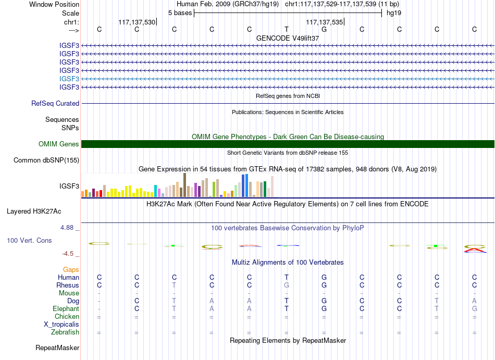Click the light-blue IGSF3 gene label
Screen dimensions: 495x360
coord(69,79)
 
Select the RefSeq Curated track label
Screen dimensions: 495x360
coord(55,104)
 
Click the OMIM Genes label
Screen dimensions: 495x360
coord(59,144)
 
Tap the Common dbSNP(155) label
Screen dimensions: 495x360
coord(46,160)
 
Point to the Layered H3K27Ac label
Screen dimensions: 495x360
coord(34,212)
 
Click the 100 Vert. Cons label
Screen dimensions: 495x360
coord(29,240)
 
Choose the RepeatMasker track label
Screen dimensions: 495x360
coord(57,347)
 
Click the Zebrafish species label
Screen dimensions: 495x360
coord(65,332)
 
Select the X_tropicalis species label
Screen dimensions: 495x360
coord(61,325)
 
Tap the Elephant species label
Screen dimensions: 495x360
coord(66,309)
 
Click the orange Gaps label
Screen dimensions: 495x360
coord(71,270)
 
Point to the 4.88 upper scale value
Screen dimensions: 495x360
coord(67,228)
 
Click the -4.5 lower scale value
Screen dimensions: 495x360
coord(68,254)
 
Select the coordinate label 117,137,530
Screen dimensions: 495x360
coord(137,22)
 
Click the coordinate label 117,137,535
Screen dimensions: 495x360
coord(324,22)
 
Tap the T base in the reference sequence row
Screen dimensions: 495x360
coord(287,29)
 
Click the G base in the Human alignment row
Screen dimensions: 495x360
coord(324,277)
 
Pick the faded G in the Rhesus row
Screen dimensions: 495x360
coord(287,285)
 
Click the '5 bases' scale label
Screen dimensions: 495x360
coord(180,13)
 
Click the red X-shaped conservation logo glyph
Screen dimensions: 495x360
coord(475,250)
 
